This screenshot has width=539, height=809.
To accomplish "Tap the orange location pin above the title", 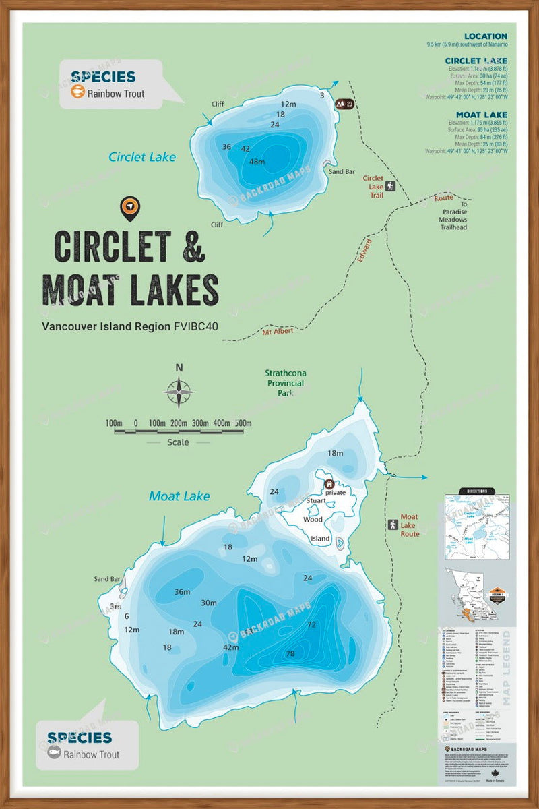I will [x=130, y=208].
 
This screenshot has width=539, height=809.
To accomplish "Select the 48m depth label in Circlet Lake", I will [x=257, y=162].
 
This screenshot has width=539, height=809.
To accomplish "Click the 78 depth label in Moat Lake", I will [x=290, y=654].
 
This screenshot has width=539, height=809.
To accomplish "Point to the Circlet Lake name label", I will [x=142, y=157].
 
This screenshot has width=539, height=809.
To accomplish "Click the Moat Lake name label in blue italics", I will [x=179, y=496].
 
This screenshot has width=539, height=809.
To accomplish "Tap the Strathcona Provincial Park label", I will [x=284, y=383].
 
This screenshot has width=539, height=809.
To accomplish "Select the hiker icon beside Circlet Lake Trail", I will [x=389, y=187].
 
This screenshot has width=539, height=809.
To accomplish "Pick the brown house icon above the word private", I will [x=329, y=483].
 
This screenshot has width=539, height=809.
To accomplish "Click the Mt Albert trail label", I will [x=278, y=332].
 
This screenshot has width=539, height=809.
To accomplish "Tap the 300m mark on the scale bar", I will [x=201, y=423].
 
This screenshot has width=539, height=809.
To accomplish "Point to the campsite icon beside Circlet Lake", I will [x=345, y=104].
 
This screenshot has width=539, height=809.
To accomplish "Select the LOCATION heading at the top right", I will [x=485, y=36].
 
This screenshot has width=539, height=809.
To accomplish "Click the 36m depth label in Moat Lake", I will [x=182, y=592].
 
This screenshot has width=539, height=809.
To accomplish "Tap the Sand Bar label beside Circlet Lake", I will [x=342, y=171].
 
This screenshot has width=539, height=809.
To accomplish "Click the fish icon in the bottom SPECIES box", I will [x=54, y=754].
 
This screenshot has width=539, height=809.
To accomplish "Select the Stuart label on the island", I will [x=316, y=501].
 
